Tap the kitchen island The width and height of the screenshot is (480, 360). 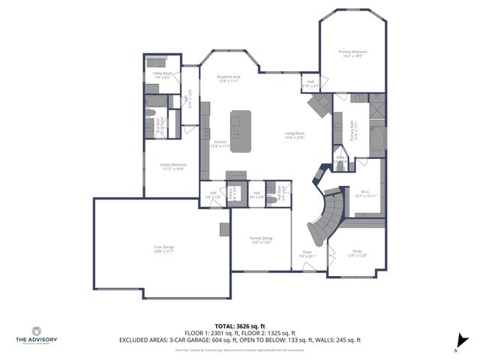coord(240,131)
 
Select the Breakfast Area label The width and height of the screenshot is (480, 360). coord(228,79)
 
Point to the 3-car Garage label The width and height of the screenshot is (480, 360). coord(164,248)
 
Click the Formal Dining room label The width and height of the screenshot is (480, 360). coord(261,240)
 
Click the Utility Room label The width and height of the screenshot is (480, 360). coord(163,76)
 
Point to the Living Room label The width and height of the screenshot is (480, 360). coord(294,136)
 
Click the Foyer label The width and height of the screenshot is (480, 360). coord(307,254)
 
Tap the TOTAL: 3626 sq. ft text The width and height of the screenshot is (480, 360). coord(240,325)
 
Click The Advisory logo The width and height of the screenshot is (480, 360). coord(37,335)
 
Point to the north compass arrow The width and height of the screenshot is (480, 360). coord(456,347)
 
